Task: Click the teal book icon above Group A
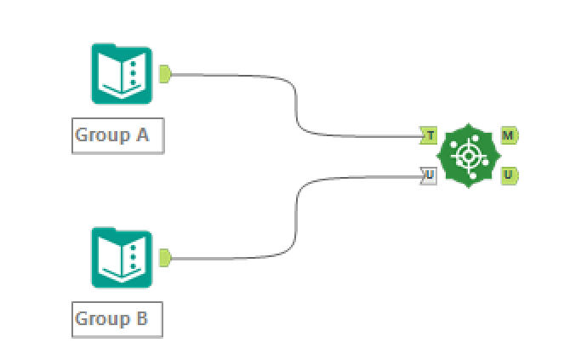click(122, 75)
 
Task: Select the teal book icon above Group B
click(122, 257)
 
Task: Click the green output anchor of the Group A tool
click(164, 75)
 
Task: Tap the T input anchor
click(429, 135)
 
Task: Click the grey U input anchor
click(429, 176)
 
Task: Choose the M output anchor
click(509, 135)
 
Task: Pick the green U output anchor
click(509, 176)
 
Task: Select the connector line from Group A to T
click(296, 102)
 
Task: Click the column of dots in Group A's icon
click(134, 76)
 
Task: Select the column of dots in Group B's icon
click(134, 258)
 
